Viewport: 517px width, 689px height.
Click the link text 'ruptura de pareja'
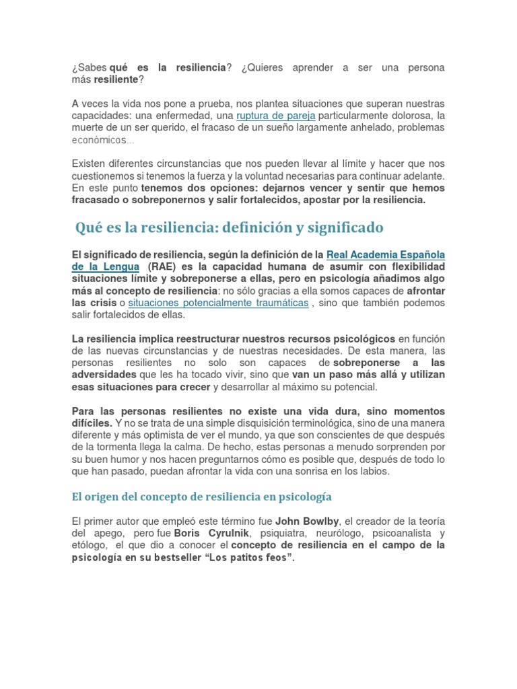276,116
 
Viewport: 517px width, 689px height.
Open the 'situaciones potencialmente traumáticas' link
218,303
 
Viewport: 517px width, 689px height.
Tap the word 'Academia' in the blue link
383,254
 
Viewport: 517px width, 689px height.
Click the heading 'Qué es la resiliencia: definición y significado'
230,227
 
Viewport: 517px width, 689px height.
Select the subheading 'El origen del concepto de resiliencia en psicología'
202,497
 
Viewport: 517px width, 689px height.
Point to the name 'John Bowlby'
313,521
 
